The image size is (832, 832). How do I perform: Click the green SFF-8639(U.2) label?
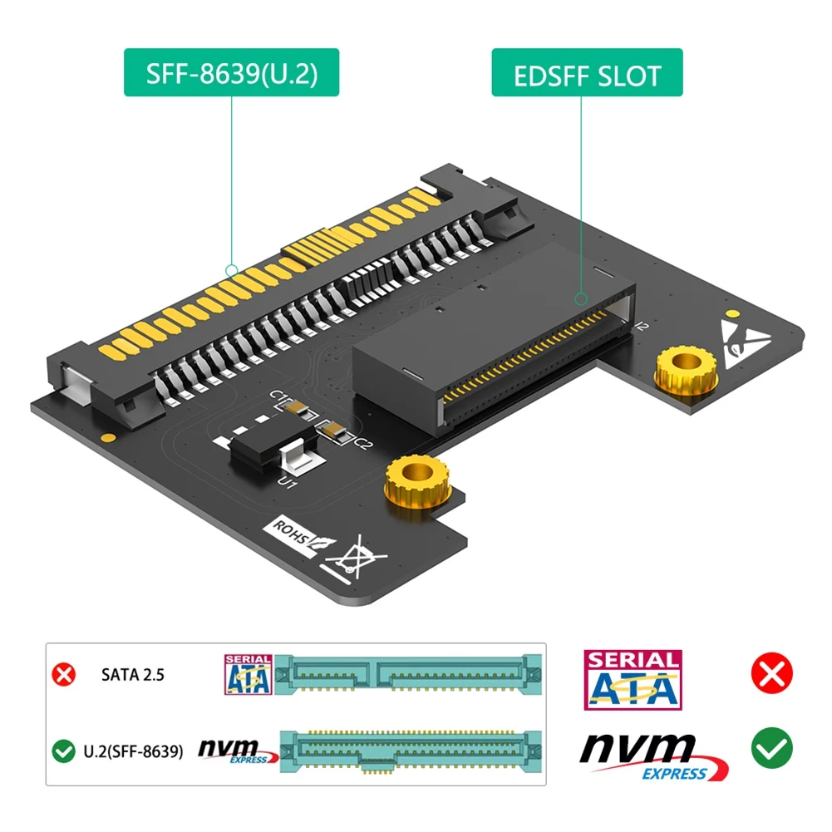tap(232, 74)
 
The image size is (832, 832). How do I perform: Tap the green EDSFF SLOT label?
tap(587, 74)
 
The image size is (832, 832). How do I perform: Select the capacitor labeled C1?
tap(296, 406)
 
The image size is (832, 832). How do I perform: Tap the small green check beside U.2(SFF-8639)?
tap(63, 752)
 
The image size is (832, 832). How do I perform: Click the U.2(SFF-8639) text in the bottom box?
tap(133, 752)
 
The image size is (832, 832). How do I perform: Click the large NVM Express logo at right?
tap(648, 752)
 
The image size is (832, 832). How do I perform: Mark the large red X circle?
tap(771, 673)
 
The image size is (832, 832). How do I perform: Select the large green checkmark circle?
tap(771, 748)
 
